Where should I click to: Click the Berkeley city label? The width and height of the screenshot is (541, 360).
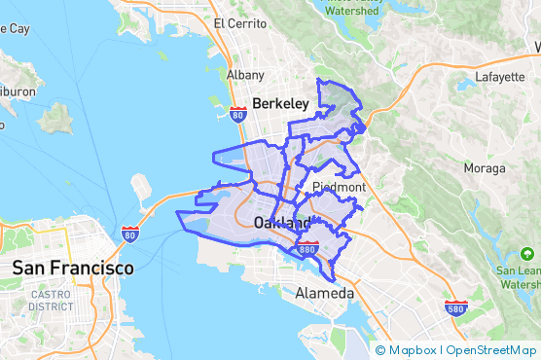280,103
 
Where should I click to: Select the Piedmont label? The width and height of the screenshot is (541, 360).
339,187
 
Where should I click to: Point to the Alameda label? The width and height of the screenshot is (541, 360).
325,293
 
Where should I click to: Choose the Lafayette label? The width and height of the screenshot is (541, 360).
499,77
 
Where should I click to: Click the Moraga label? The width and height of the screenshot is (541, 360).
485,168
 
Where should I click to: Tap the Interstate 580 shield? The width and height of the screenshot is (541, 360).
456,307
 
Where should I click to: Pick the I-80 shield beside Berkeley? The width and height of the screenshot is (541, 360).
238,114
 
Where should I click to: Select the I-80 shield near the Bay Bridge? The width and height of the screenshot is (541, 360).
130,234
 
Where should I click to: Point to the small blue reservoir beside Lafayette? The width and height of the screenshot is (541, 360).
465,85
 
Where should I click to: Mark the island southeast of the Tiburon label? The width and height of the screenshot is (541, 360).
56,118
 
